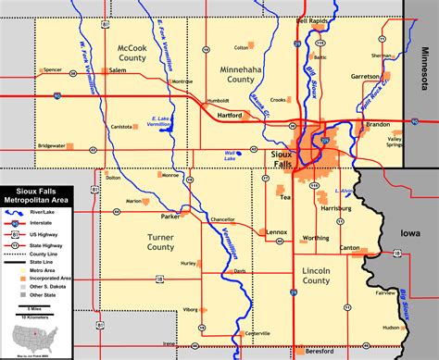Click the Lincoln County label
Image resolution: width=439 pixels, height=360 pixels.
tap(318, 275)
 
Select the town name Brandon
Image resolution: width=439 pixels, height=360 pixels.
tap(377, 123)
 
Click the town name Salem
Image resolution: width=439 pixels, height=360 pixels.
tap(117, 69)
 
